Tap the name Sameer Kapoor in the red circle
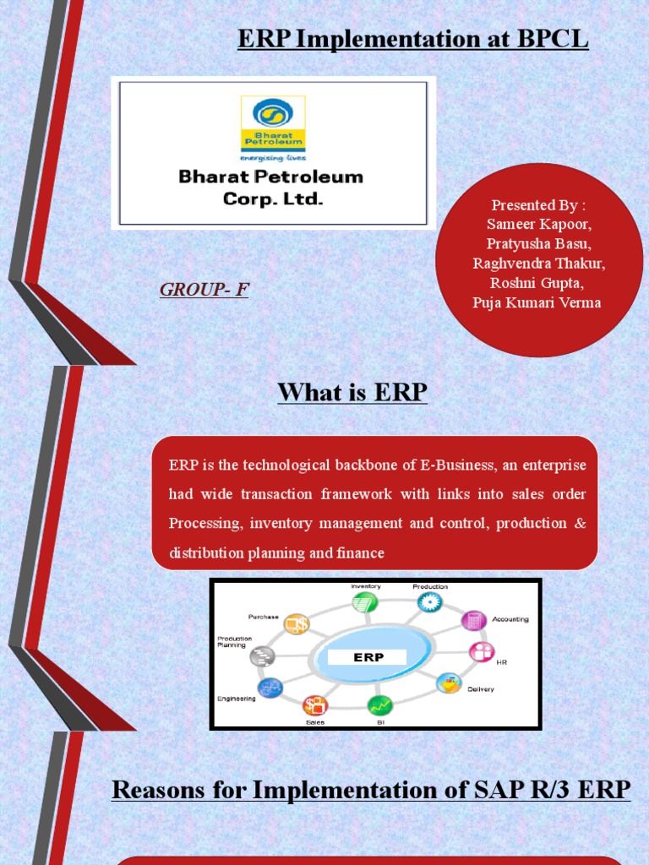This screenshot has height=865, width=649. click(539, 224)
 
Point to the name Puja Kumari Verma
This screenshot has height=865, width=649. click(537, 302)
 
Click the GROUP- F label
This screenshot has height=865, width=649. click(205, 290)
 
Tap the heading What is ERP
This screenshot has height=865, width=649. click(352, 393)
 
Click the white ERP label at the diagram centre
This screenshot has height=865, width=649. click(368, 656)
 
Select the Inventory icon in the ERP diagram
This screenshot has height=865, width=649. click(364, 602)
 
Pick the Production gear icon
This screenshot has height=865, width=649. click(429, 601)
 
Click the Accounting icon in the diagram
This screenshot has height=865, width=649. click(473, 620)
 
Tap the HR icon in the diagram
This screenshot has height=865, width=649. click(482, 652)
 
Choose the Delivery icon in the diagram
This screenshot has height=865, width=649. click(449, 683)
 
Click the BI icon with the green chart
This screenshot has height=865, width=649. click(379, 704)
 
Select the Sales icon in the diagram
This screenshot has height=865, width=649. click(314, 705)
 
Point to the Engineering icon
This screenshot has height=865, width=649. click(270, 688)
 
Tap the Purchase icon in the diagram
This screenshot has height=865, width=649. click(297, 624)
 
